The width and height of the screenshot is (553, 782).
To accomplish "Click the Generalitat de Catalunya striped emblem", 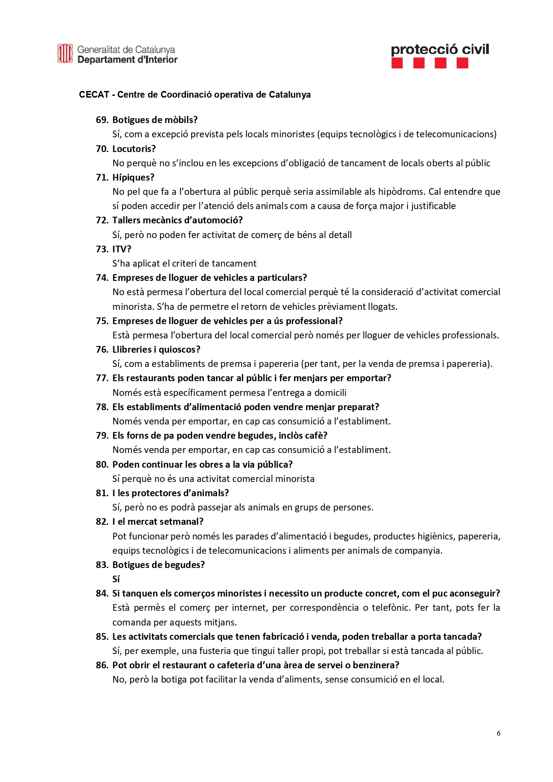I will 65,54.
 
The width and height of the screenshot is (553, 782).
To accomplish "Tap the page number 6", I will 499,733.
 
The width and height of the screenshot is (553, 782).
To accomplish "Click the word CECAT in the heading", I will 94,95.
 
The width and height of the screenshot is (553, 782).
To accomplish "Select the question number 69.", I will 102,120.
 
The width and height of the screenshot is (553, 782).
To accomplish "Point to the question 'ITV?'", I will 122,249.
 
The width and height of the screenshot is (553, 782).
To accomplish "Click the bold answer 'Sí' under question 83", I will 116,579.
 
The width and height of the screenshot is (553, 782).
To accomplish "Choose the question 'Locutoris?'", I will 134,148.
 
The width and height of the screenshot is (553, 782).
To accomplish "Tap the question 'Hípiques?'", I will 133,177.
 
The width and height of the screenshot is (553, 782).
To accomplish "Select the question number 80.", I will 102,465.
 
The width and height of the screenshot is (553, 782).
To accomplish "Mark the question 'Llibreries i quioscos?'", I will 156,350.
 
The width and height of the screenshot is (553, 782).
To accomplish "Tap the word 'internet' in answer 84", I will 250,608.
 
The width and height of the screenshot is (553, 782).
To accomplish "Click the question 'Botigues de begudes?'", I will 158,565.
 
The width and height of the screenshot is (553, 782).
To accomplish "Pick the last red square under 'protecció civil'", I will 462,63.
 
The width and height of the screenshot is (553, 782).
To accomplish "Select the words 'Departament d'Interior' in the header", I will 128,60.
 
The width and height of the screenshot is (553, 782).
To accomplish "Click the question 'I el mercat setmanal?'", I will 158,522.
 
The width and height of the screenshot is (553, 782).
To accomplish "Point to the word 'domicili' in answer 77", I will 330,393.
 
